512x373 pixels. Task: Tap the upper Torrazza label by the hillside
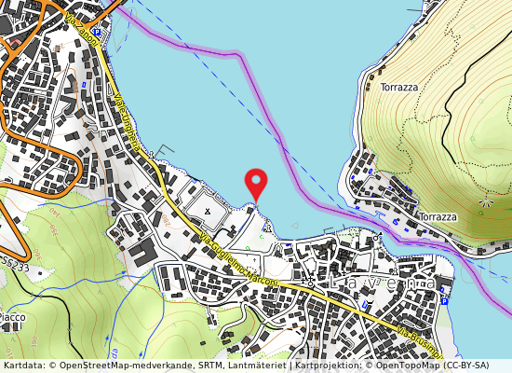[398, 87]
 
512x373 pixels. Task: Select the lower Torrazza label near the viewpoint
[438, 217]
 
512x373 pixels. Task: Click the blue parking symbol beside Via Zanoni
[96, 31]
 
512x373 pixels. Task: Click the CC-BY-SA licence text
[476, 366]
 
